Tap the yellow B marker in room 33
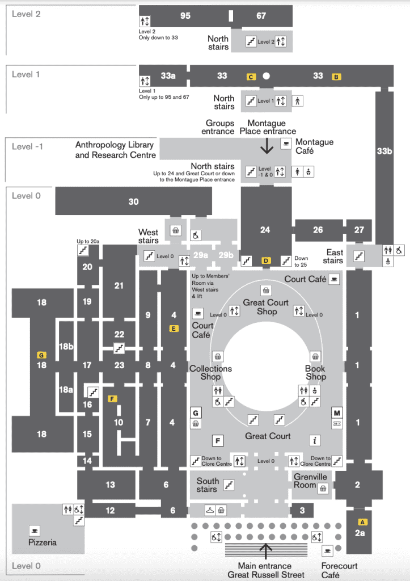coord(336,77)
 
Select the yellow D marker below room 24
coord(265,260)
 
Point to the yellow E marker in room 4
coord(174,328)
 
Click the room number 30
coord(133,201)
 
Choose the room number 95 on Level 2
coord(185,16)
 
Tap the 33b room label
coord(384,151)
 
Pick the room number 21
coord(119,285)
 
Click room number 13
coord(110,485)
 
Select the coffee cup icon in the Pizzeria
coord(35,531)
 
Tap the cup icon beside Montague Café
coord(286,143)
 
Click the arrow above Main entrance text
coord(265,550)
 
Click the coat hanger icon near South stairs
coord(209,509)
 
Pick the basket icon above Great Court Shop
coord(265,290)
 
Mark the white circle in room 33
coord(266,76)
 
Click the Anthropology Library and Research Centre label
coord(115,150)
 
